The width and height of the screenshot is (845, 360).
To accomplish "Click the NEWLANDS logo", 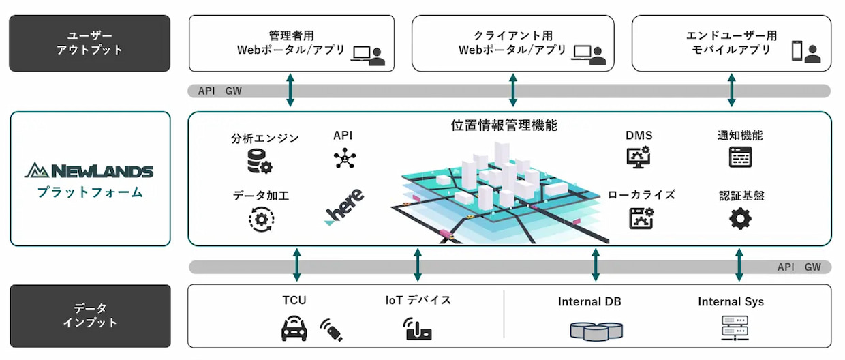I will click(x=89, y=170).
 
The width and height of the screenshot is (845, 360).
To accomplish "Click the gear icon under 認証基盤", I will click(x=740, y=219).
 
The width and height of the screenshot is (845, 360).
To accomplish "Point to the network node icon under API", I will click(x=345, y=158).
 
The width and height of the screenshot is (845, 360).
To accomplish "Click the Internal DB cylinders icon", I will click(x=596, y=330).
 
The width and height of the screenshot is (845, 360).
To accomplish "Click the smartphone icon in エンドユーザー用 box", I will click(x=797, y=50).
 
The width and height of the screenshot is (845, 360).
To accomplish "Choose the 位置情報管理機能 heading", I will click(x=504, y=125).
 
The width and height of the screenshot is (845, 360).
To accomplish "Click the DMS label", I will click(x=639, y=136).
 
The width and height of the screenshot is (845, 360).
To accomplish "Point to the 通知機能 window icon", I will click(x=740, y=157).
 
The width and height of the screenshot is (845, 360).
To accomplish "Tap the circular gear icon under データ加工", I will click(x=261, y=219).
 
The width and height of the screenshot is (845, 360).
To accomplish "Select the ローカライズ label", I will click(x=641, y=195).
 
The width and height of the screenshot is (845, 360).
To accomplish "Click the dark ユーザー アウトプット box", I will click(x=89, y=43).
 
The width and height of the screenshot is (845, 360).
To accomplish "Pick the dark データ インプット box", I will click(x=89, y=316).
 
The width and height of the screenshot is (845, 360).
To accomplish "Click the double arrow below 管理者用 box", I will click(x=290, y=91).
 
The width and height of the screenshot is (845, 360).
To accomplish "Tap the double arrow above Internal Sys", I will click(x=739, y=265).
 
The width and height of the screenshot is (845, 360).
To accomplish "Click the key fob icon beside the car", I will click(x=332, y=329).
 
